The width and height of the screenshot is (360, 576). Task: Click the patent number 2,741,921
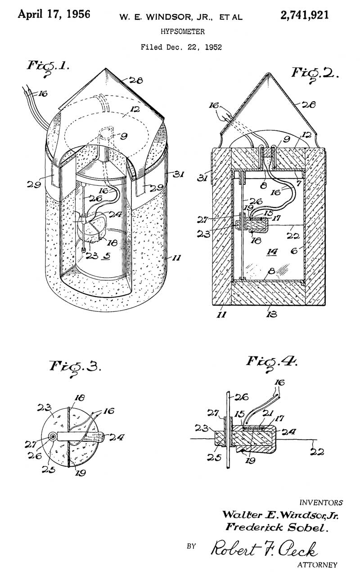[304, 15]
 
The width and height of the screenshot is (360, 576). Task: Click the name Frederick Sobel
[275, 527]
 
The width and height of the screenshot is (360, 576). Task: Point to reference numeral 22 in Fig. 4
[318, 452]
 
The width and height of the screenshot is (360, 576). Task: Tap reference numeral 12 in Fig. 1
[123, 109]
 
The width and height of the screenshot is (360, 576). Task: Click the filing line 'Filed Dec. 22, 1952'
[181, 47]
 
